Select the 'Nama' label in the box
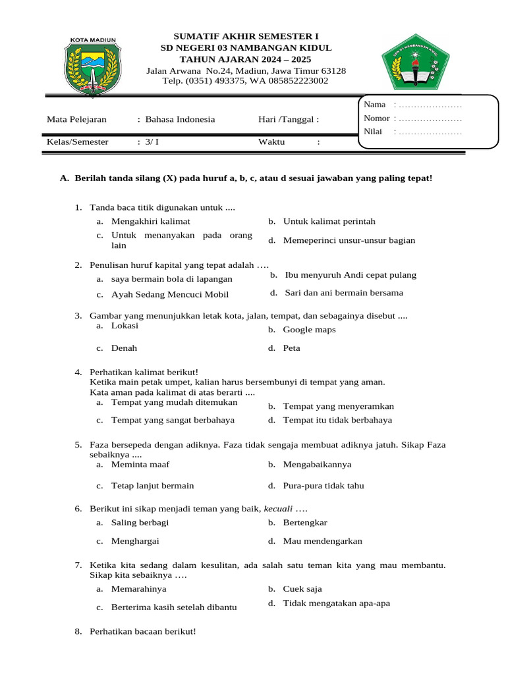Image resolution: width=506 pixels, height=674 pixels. point(374,105)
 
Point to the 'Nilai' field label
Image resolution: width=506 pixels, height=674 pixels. point(373,132)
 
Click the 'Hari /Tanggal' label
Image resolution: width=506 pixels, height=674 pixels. point(289,120)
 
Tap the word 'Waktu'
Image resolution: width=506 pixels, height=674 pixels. point(271,142)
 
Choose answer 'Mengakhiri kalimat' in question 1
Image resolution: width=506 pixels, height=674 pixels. point(150,222)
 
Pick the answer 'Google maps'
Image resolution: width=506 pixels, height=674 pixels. point(309,330)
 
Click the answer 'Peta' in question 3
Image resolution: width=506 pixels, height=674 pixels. point(291,348)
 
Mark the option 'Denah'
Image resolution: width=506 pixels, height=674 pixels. point(124,348)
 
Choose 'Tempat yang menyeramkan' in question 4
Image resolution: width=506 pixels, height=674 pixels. point(338,406)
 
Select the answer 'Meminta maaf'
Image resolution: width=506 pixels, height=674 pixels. point(140,465)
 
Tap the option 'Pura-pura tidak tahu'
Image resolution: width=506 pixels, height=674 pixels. point(323,486)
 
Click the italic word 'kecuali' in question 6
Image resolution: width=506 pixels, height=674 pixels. point(278,509)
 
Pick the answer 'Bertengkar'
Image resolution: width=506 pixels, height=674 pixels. point(305,523)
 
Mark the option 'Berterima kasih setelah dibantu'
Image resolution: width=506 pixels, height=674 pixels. point(173,608)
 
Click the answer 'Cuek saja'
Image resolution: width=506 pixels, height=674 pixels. point(302,589)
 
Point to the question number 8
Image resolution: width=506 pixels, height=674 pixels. point(78,632)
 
